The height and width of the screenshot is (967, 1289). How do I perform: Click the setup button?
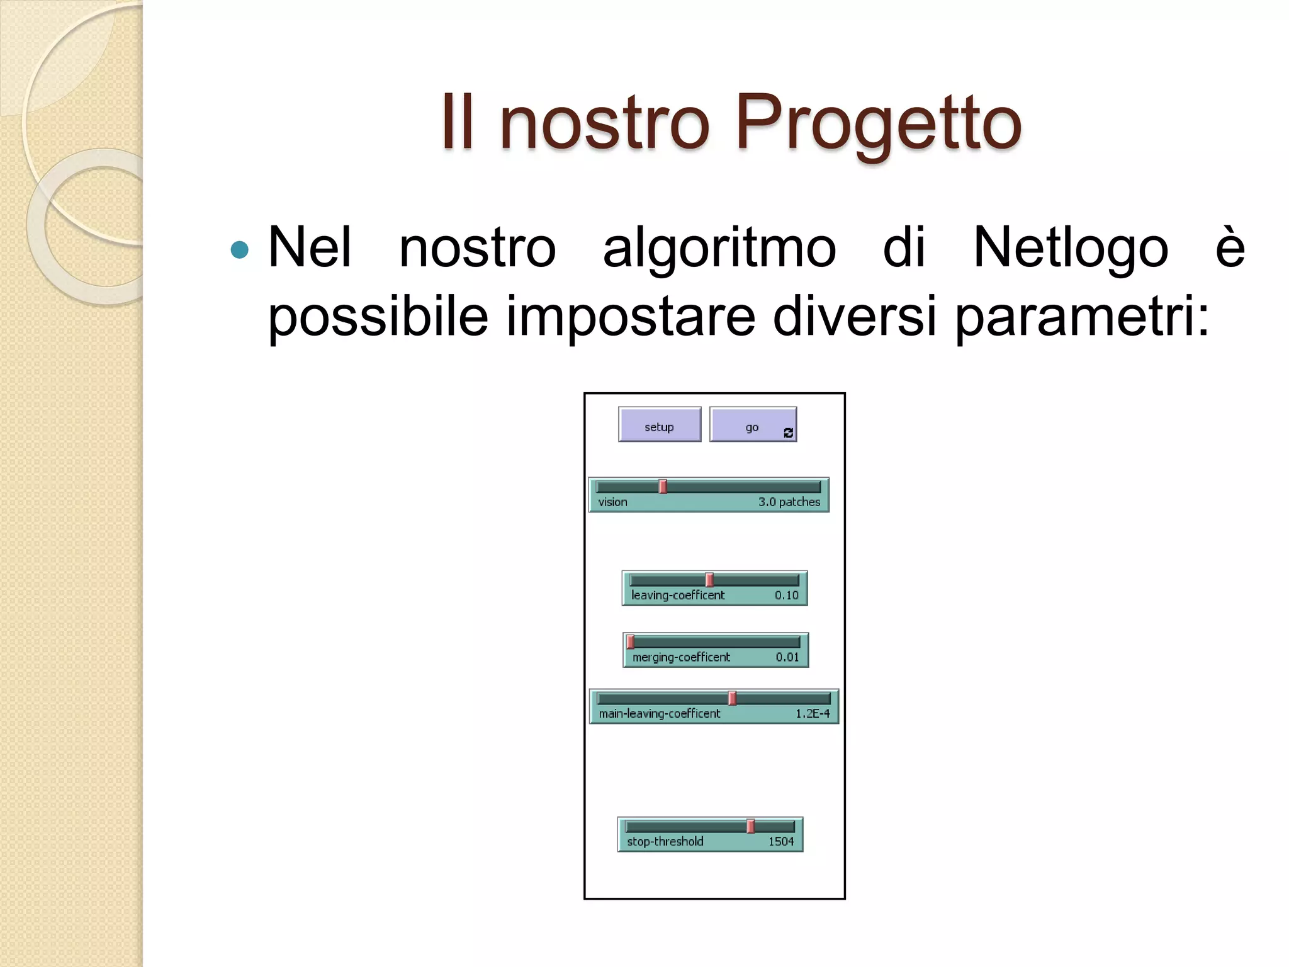(x=659, y=425)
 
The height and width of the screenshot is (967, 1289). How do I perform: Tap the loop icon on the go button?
(x=788, y=433)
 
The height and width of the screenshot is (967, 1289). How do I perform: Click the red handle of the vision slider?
(x=663, y=487)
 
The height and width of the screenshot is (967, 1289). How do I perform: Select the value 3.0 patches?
(x=789, y=502)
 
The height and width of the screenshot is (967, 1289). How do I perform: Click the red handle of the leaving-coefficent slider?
(x=709, y=580)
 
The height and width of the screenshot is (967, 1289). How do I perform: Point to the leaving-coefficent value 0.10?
(x=786, y=595)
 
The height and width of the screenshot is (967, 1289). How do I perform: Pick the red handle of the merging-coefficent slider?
(x=631, y=642)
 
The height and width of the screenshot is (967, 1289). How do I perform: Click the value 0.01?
(x=787, y=657)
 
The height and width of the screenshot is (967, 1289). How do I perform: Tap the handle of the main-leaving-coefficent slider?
(x=732, y=698)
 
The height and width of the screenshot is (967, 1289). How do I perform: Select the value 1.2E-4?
(x=813, y=713)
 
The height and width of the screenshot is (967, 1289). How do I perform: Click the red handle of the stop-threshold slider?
(x=750, y=826)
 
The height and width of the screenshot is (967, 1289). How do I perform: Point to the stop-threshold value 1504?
(x=781, y=841)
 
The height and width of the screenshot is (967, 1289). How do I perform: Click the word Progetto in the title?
(x=878, y=123)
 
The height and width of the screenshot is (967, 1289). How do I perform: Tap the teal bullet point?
(x=240, y=250)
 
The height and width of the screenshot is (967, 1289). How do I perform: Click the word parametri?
(x=1081, y=317)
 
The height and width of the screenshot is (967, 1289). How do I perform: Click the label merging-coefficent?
(x=681, y=657)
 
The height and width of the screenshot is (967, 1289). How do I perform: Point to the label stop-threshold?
(x=665, y=841)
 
